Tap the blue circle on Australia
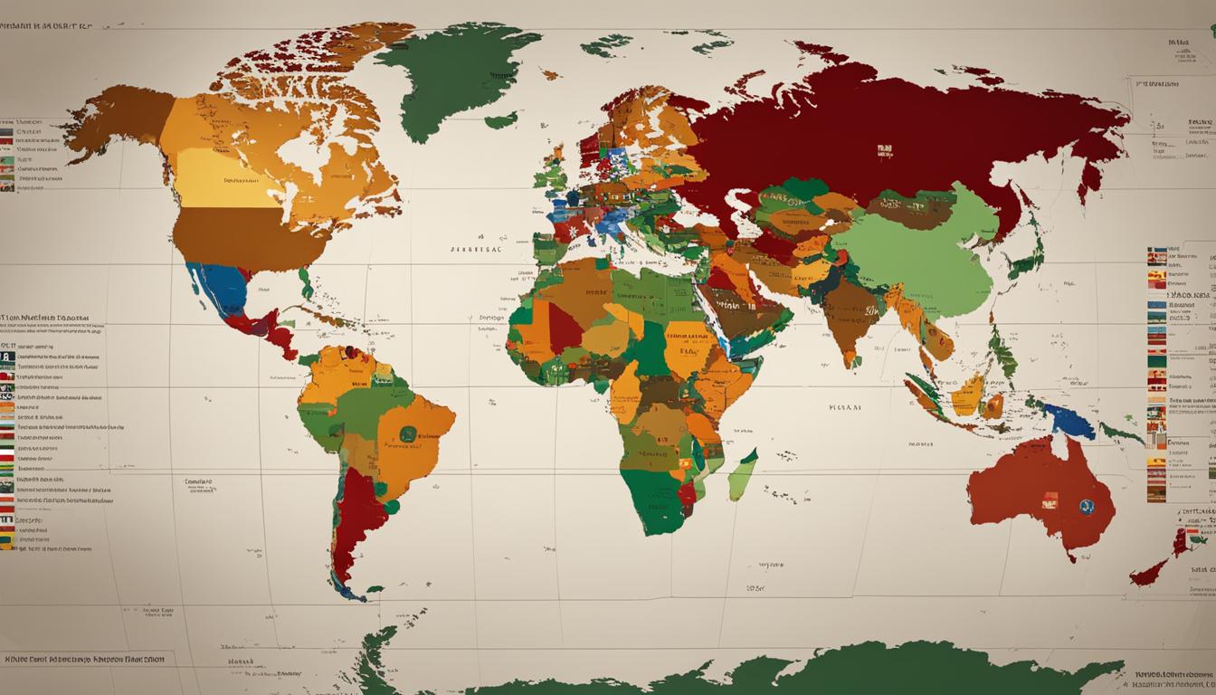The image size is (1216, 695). (1085, 507)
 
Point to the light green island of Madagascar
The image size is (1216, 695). (743, 474)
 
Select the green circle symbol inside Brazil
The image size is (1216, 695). (408, 434)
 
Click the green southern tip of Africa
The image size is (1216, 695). (660, 507)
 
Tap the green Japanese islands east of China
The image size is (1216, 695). (1027, 258)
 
